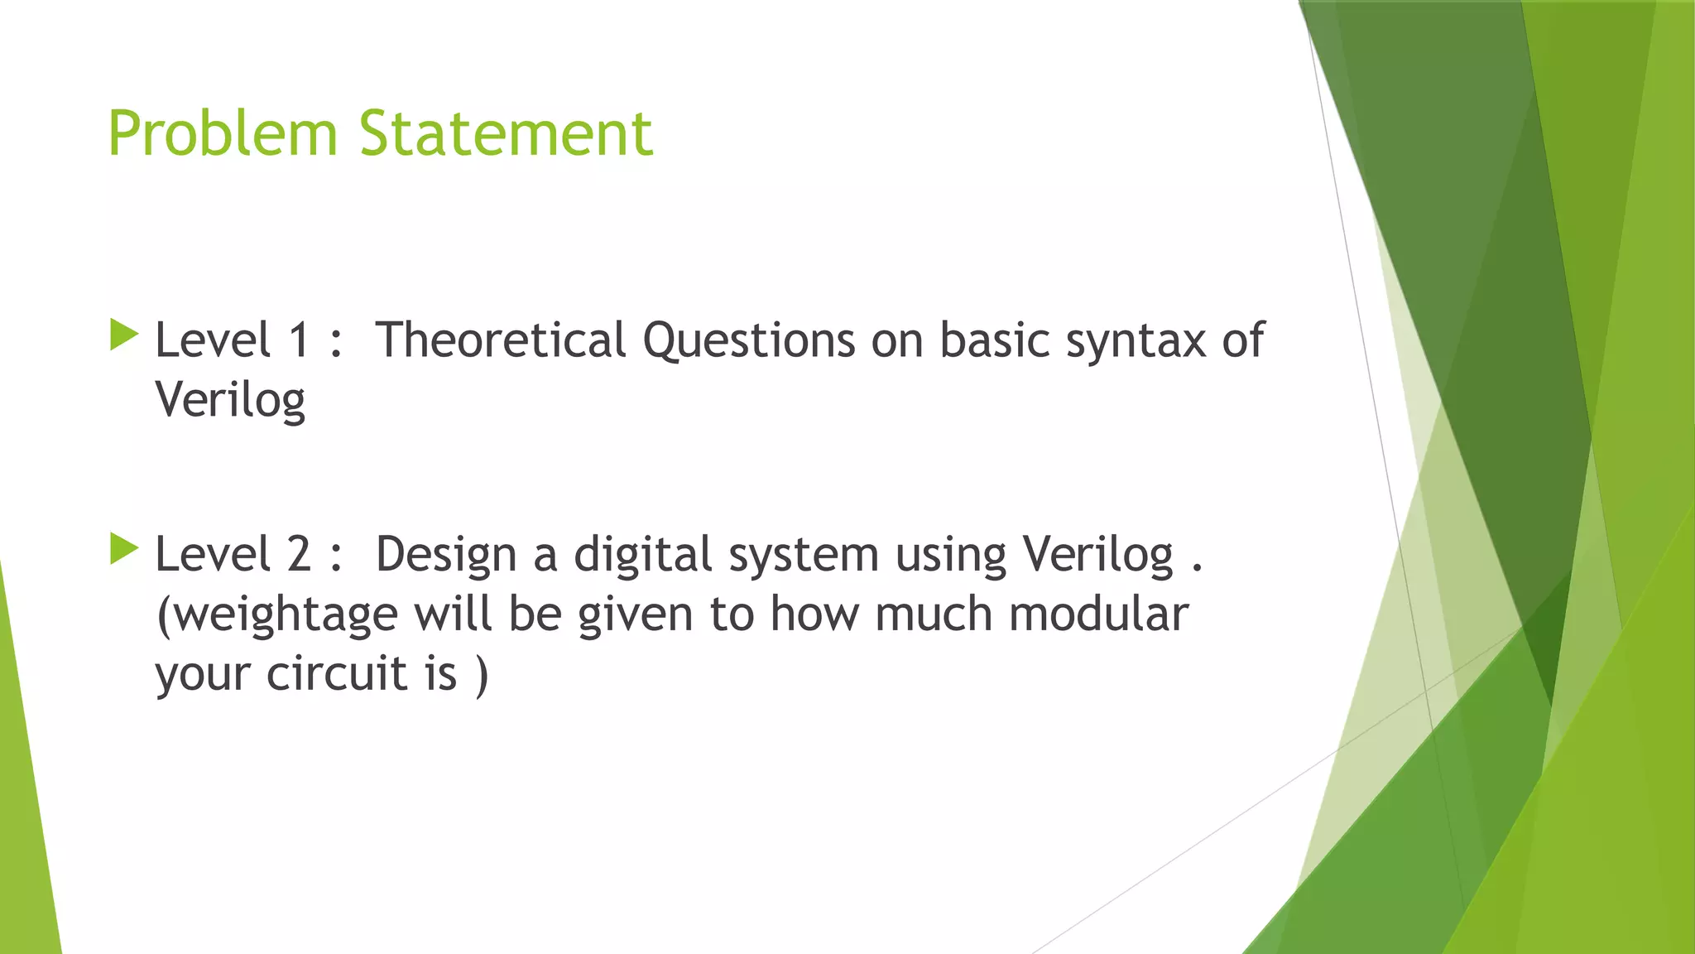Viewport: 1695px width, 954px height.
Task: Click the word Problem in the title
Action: tap(223, 133)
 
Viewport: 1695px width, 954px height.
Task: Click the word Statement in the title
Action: tap(506, 133)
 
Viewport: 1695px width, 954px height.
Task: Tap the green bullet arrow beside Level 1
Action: tap(123, 335)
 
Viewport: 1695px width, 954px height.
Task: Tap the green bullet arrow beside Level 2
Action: tap(123, 549)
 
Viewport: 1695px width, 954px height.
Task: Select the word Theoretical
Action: tap(500, 340)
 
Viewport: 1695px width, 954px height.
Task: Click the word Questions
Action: tap(748, 340)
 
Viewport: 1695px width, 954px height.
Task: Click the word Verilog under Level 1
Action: tap(230, 401)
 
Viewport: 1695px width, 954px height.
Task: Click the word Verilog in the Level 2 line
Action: tap(1098, 555)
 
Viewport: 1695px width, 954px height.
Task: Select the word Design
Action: tap(445, 555)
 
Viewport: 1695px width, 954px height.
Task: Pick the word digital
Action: tap(642, 555)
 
